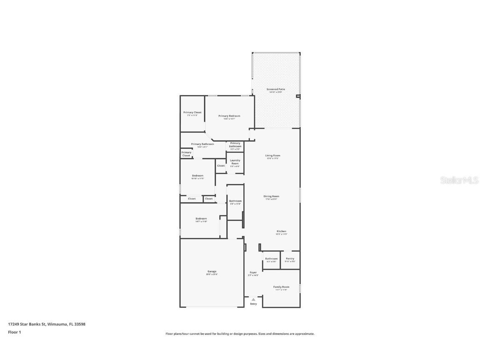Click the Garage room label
(x=212, y=271)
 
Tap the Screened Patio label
(x=275, y=89)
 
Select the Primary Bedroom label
(x=229, y=116)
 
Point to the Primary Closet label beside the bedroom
(x=192, y=112)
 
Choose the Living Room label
(x=272, y=156)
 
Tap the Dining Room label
(x=271, y=196)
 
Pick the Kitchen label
(x=281, y=231)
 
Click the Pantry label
(x=290, y=259)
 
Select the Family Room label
(x=281, y=287)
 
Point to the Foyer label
(x=253, y=272)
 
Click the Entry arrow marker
(x=253, y=299)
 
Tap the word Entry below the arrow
(x=253, y=304)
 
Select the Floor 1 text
(x=14, y=332)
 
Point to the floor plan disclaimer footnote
(x=240, y=334)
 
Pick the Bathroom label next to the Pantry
(x=271, y=259)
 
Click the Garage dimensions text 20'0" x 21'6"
(x=212, y=274)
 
